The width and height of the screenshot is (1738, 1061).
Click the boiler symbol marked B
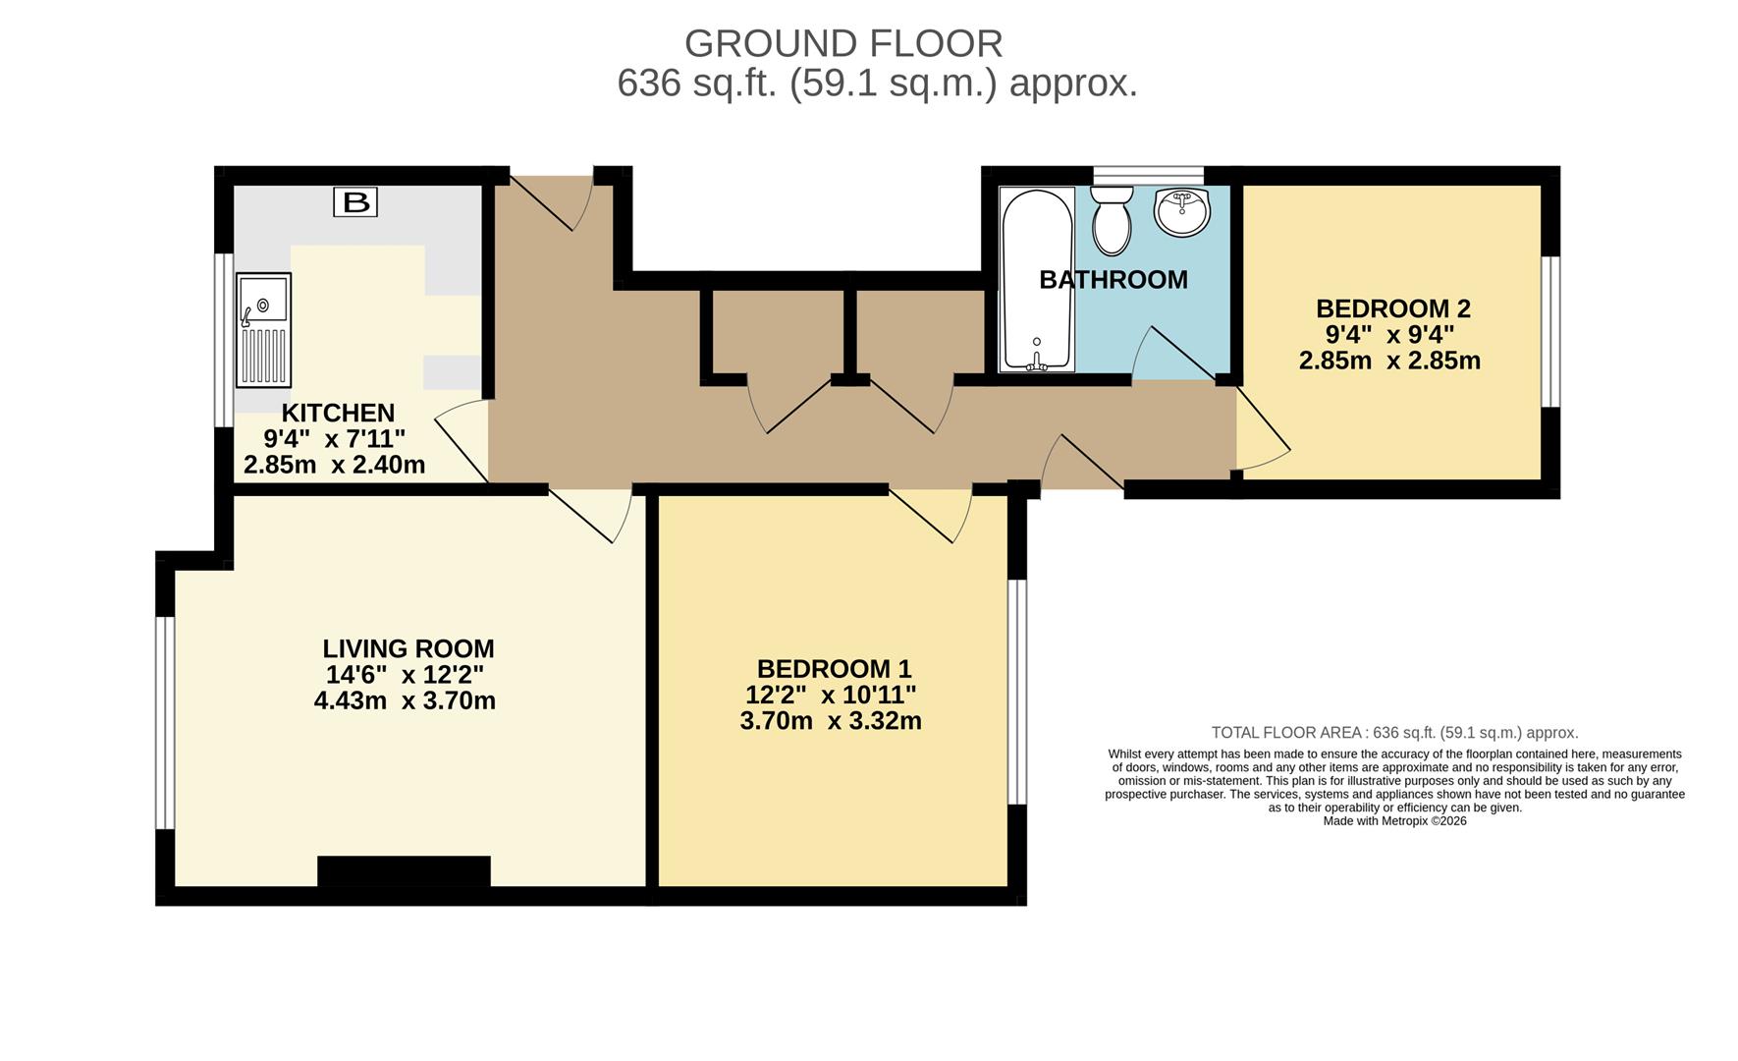point(355,202)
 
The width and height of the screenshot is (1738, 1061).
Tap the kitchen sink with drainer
point(264,330)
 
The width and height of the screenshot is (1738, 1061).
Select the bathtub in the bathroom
point(1037,279)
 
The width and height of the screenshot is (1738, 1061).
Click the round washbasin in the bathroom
point(1182,212)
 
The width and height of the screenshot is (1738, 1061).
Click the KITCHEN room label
point(338,413)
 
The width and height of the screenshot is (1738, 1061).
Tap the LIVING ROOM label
point(408,648)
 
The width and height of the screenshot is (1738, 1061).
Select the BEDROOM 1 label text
point(835,669)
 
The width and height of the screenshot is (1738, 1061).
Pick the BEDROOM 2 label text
point(1393,308)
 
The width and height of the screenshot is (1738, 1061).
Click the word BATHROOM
point(1113,280)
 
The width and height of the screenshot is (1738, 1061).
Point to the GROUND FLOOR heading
point(843,44)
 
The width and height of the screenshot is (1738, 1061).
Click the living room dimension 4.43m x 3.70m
point(405,701)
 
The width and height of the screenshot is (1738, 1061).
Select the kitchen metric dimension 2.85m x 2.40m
point(334,465)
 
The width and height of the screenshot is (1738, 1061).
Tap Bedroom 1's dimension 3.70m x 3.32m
point(831,721)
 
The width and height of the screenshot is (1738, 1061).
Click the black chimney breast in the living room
point(404,871)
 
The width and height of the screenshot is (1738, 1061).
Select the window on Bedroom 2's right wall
point(1550,331)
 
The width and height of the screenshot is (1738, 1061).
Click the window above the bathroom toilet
point(1149,176)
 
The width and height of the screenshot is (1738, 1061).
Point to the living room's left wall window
point(165,722)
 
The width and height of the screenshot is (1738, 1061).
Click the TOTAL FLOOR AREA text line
point(1394,733)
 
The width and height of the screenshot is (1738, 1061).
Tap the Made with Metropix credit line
point(1394,821)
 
